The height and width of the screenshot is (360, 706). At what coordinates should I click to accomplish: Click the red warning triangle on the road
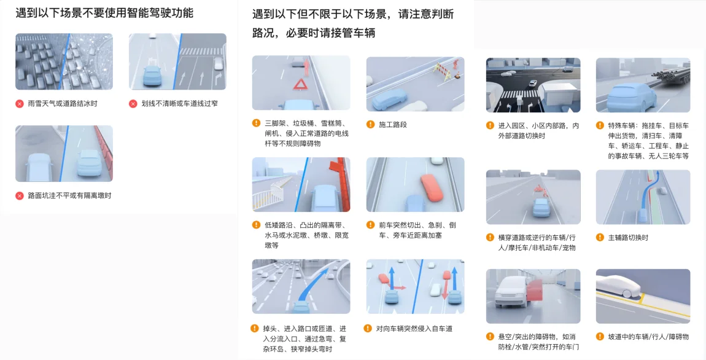tap(300, 84)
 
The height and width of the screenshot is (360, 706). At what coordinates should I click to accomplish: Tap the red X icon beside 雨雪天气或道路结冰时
tap(20, 104)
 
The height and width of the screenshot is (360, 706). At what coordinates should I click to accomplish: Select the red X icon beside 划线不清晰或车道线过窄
tap(133, 104)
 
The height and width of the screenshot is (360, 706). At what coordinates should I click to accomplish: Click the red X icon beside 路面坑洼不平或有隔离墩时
tap(20, 195)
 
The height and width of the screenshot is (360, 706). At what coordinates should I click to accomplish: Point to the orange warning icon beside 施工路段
tap(370, 124)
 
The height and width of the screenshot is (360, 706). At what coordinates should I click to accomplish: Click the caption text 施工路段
tap(393, 125)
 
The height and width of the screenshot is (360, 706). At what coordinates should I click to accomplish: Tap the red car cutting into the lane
tap(432, 187)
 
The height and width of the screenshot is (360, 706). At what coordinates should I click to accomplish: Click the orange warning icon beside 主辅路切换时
tap(600, 238)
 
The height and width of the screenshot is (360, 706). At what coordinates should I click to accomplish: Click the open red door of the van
tap(534, 295)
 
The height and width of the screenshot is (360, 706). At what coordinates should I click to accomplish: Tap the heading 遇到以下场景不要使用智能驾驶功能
tap(104, 13)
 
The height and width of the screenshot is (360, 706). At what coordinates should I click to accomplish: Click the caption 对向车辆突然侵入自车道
tap(414, 329)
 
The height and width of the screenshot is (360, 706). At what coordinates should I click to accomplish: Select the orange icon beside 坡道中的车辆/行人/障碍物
tap(600, 337)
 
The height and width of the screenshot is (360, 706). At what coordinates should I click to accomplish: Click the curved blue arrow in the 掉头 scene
tap(312, 283)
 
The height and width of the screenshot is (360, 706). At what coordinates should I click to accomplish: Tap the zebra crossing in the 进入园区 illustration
tap(519, 95)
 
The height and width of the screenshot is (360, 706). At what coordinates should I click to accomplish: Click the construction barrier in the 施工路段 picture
tap(441, 71)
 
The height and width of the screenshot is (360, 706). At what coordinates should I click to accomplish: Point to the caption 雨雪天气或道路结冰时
tap(63, 104)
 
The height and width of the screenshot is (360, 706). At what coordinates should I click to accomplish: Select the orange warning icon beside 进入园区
tap(490, 126)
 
